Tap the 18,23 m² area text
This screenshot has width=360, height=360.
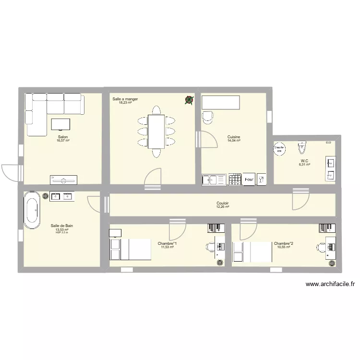coord(125,102)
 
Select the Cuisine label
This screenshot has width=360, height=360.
coord(234,137)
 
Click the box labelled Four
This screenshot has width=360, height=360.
coord(249,180)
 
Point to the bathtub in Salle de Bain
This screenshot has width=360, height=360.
coord(32,209)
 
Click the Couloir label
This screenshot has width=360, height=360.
coord(222,203)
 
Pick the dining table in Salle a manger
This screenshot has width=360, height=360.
coord(156,131)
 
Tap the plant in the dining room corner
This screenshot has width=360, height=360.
coord(189,100)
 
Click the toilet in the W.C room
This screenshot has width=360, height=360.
coord(301,145)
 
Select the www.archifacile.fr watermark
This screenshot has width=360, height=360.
coord(330,284)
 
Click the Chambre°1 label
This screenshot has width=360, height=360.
coord(167,243)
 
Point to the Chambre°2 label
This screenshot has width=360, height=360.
coord(283,243)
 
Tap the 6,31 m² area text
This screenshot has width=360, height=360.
coord(304,164)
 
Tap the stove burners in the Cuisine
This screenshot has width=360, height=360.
coord(235,179)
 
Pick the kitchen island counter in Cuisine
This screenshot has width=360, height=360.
coord(220,102)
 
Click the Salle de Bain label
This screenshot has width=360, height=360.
coord(62,226)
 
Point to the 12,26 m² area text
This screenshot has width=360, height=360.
coord(222,207)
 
